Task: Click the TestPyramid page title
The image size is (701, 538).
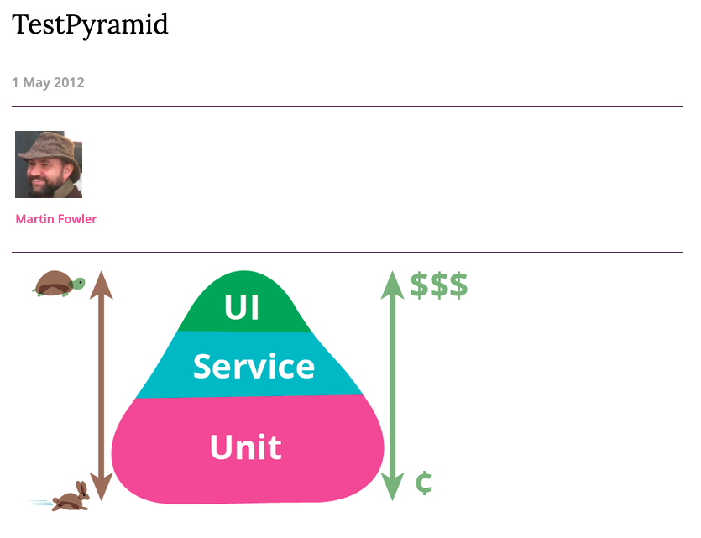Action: (90, 25)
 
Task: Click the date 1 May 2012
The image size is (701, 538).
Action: (48, 82)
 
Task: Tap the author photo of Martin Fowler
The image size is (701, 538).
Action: (49, 165)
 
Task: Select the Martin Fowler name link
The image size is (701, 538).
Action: (56, 219)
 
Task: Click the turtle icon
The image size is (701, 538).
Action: (57, 284)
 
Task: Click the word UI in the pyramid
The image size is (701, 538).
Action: (242, 308)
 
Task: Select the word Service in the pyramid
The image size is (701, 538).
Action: (254, 367)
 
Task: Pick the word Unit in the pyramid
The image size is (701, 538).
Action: (245, 447)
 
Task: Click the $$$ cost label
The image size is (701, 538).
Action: (438, 286)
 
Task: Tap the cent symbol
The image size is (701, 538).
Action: (424, 483)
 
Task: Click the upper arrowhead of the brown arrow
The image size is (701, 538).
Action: (101, 282)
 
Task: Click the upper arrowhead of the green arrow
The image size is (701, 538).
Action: (392, 284)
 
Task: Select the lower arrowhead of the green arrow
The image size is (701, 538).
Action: (392, 487)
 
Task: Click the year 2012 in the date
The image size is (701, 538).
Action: (69, 82)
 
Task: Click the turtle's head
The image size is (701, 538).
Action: (78, 283)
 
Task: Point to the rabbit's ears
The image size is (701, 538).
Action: (82, 488)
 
